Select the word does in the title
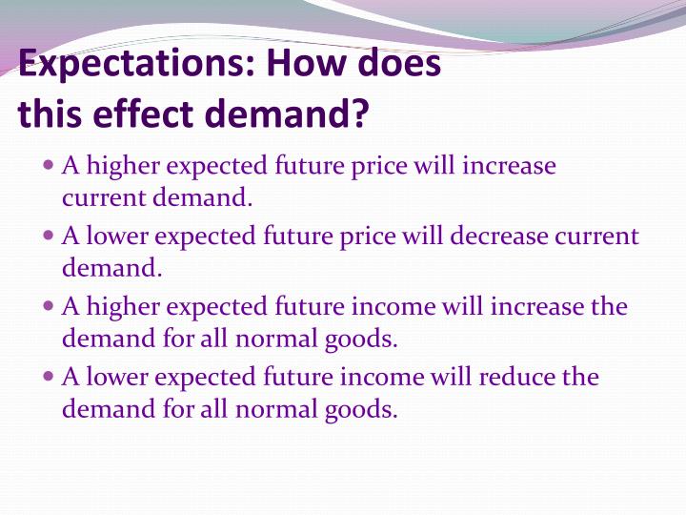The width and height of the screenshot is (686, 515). pos(399,64)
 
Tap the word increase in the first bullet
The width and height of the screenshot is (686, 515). pos(509,165)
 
